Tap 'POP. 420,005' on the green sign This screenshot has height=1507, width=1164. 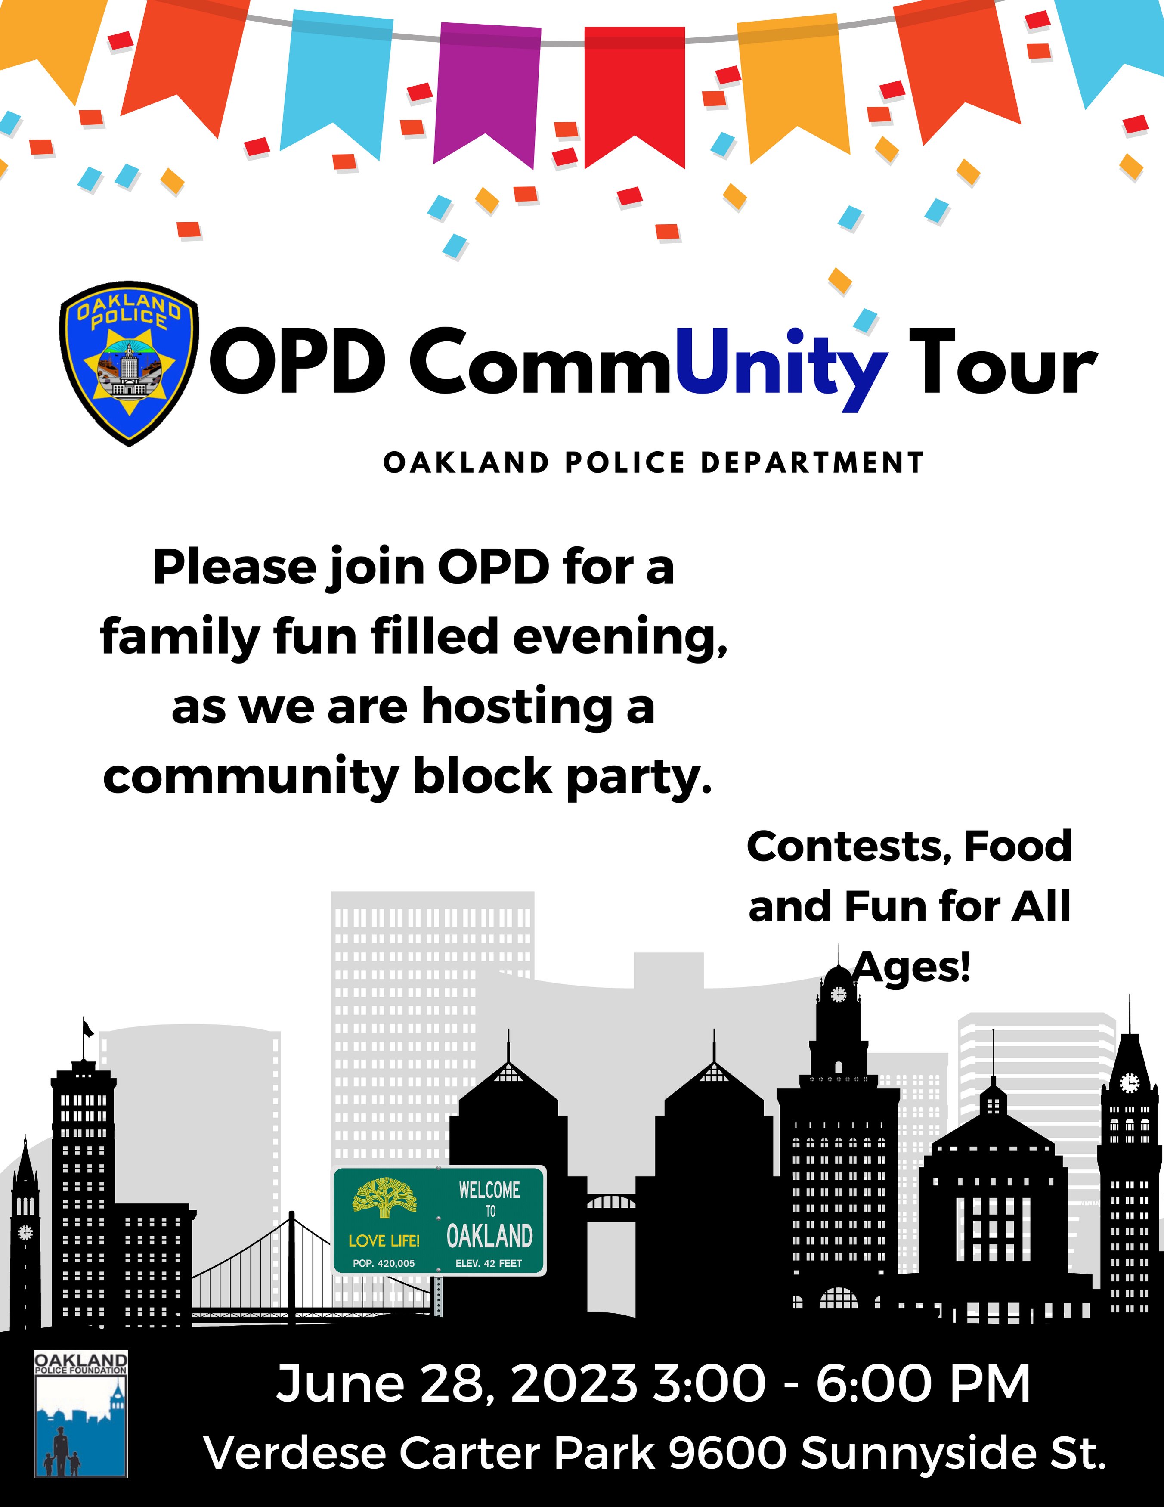tap(384, 1263)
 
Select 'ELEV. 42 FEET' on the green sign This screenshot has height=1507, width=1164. tap(489, 1263)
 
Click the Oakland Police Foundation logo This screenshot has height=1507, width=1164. tap(81, 1414)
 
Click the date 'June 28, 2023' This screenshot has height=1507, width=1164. tap(455, 1383)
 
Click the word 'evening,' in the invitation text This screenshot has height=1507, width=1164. tap(619, 637)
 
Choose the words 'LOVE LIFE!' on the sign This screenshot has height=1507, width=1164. tap(384, 1240)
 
